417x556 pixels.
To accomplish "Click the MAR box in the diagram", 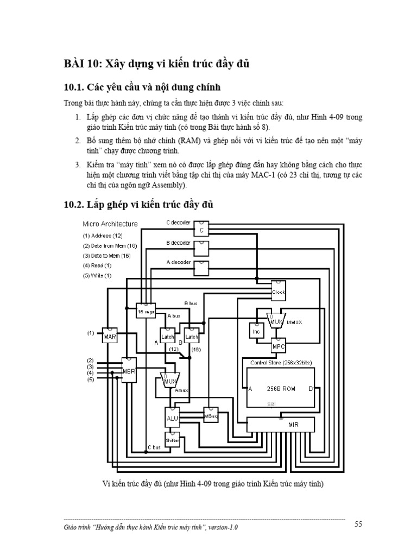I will coord(110,336).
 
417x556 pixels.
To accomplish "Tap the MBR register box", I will coord(129,372).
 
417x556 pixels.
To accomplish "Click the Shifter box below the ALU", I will coord(172,440).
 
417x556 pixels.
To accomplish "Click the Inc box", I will coord(256,330).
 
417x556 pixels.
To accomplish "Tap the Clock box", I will coord(279,291).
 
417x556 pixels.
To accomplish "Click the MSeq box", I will coord(211,415).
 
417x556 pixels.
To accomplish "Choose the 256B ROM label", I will coord(276,389).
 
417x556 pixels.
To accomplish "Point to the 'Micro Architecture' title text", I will coord(110,224).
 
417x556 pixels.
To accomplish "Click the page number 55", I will coord(358,524).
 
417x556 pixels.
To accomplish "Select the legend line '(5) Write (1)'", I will coord(97,275).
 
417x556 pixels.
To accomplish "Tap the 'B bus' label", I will coord(191,302).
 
